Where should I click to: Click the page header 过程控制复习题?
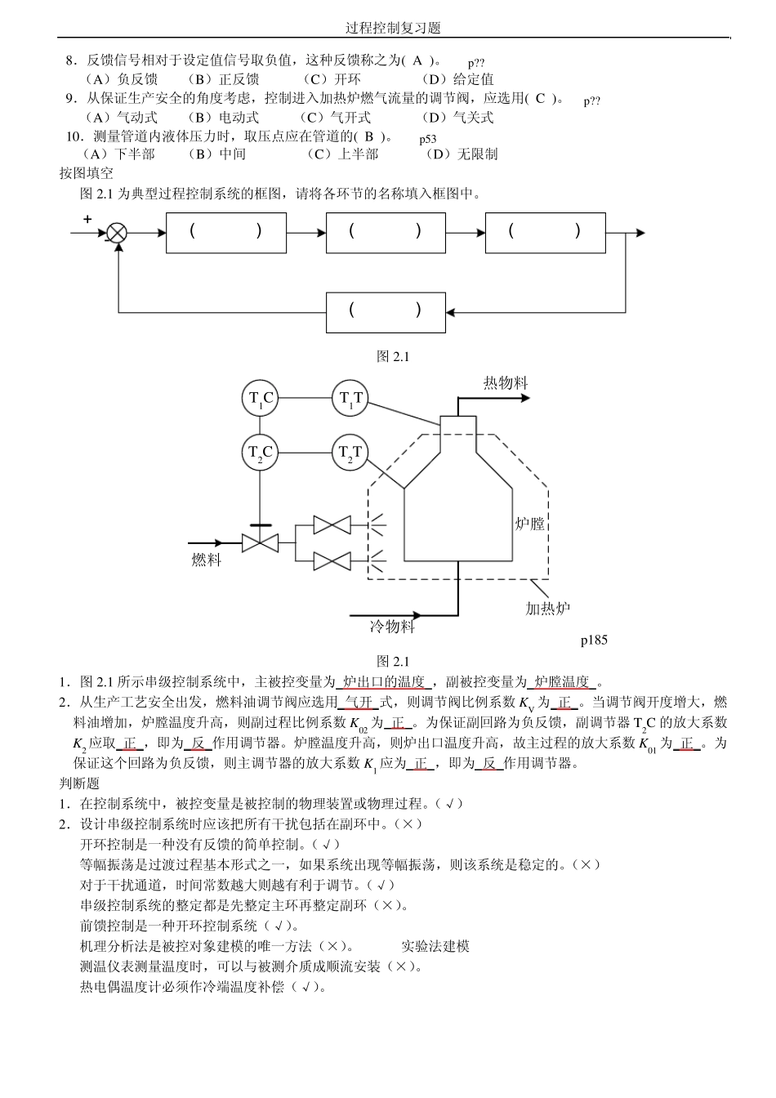tap(393, 28)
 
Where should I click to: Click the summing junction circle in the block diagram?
tap(118, 233)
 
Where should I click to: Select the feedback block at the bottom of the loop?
tap(386, 310)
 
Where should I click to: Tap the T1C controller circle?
tap(261, 399)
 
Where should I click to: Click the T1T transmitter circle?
tap(350, 399)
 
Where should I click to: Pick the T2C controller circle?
tap(261, 452)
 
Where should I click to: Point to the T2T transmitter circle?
tap(350, 452)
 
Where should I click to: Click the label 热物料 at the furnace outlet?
tap(506, 382)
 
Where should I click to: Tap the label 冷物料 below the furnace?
tap(392, 627)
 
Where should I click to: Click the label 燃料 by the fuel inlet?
tap(206, 560)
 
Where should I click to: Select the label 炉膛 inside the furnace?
tap(529, 523)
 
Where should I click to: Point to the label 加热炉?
tap(547, 608)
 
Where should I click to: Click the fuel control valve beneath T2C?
tap(261, 542)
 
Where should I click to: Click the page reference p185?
tap(594, 640)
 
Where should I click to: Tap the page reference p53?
tap(428, 139)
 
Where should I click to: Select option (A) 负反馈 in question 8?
tap(121, 79)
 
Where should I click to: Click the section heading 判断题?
tap(79, 783)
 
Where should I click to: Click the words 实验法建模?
tap(435, 946)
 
